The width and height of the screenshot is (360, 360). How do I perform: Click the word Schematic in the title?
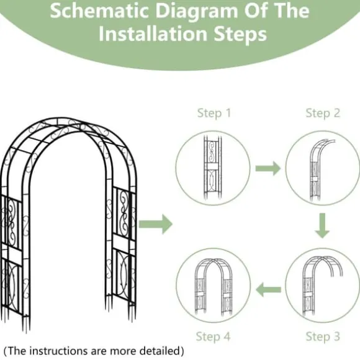click(x=99, y=11)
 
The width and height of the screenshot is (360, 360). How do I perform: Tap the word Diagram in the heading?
click(x=197, y=12)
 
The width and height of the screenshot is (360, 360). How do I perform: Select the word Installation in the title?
click(x=153, y=34)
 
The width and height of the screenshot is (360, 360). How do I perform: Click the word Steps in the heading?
click(x=240, y=35)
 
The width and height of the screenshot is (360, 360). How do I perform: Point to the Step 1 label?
click(x=214, y=113)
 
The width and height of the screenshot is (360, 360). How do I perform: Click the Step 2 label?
click(x=323, y=113)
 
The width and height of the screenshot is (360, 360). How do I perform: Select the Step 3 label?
click(x=323, y=336)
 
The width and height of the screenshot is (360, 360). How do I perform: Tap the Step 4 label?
click(x=213, y=336)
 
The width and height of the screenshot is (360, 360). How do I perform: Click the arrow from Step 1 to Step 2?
click(x=268, y=168)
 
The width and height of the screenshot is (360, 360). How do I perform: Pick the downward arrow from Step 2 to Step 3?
click(x=322, y=225)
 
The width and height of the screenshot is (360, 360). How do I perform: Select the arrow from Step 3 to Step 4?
click(x=268, y=290)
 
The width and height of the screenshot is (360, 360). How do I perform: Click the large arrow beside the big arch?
click(x=155, y=224)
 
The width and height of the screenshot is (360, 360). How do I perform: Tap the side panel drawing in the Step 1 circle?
click(x=213, y=168)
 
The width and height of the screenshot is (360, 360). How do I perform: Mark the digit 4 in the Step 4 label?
click(x=227, y=336)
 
